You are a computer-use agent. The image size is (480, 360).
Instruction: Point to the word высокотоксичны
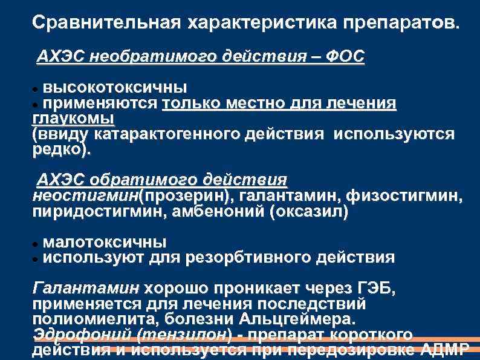[x=115, y=88]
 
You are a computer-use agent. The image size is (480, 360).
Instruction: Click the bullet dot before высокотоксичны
[x=36, y=89]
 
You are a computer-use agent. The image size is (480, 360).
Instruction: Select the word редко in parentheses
[x=61, y=148]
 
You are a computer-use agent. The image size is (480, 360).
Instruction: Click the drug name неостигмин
[x=85, y=196]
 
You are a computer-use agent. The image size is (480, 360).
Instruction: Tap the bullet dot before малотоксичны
[x=36, y=243]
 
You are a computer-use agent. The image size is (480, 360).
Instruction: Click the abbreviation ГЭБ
[x=374, y=288]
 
